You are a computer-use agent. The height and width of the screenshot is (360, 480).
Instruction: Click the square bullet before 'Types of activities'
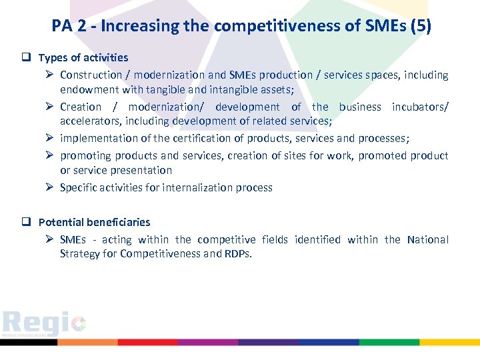tap(29, 58)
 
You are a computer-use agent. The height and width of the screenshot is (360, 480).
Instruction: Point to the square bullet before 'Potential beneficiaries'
tap(29, 223)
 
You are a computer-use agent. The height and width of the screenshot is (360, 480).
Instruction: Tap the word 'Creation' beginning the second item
tap(81, 107)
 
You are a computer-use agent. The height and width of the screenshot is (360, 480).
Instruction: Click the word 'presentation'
tap(141, 171)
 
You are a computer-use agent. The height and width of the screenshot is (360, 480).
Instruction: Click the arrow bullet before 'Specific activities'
tap(50, 188)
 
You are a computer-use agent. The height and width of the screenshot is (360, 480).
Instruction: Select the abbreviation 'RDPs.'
tap(239, 254)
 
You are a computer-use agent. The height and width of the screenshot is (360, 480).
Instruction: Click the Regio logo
tap(43, 324)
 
